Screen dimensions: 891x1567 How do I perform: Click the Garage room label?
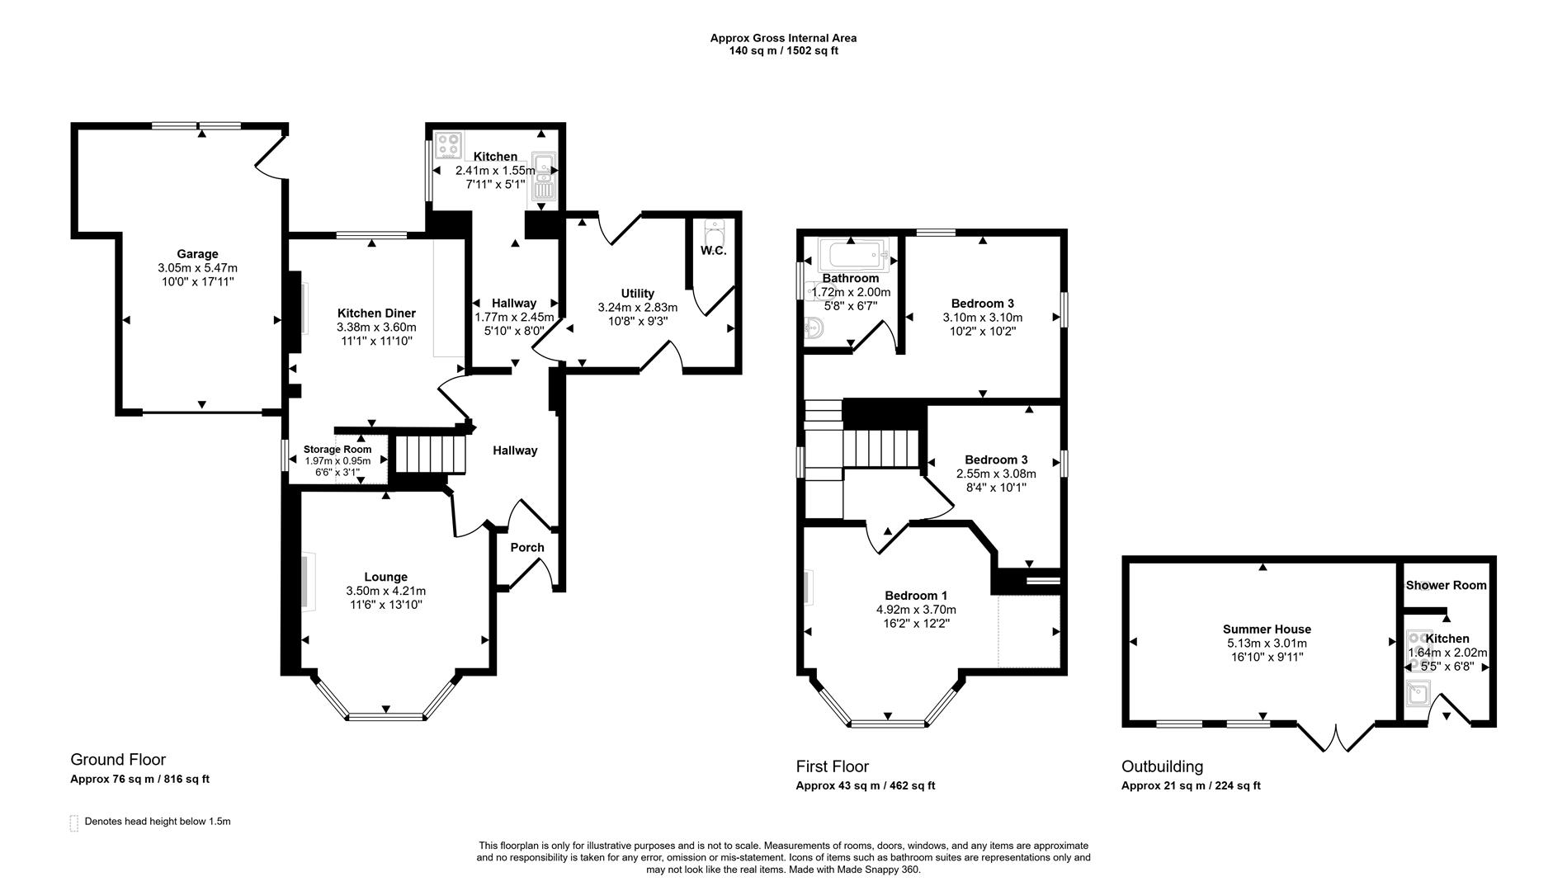197,254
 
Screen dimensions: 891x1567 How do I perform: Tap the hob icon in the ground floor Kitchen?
449,146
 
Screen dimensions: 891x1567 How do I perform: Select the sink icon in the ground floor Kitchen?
545,176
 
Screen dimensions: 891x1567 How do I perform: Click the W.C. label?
714,250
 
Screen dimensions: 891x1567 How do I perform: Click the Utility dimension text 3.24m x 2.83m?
637,308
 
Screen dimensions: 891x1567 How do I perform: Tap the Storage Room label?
337,450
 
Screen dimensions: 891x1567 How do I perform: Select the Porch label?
527,548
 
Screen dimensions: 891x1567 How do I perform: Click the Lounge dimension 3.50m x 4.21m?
385,592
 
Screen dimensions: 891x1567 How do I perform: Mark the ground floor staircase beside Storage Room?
427,454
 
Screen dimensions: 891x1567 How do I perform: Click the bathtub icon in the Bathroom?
852,256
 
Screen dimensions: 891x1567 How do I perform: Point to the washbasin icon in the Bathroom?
813,329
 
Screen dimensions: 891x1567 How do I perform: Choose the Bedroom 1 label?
916,596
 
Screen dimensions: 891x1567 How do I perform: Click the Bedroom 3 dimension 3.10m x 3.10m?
982,318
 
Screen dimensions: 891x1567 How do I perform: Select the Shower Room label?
1446,586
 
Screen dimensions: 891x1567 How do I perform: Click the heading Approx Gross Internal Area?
783,38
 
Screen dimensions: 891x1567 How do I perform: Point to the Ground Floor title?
118,760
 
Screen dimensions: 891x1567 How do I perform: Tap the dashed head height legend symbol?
74,823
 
